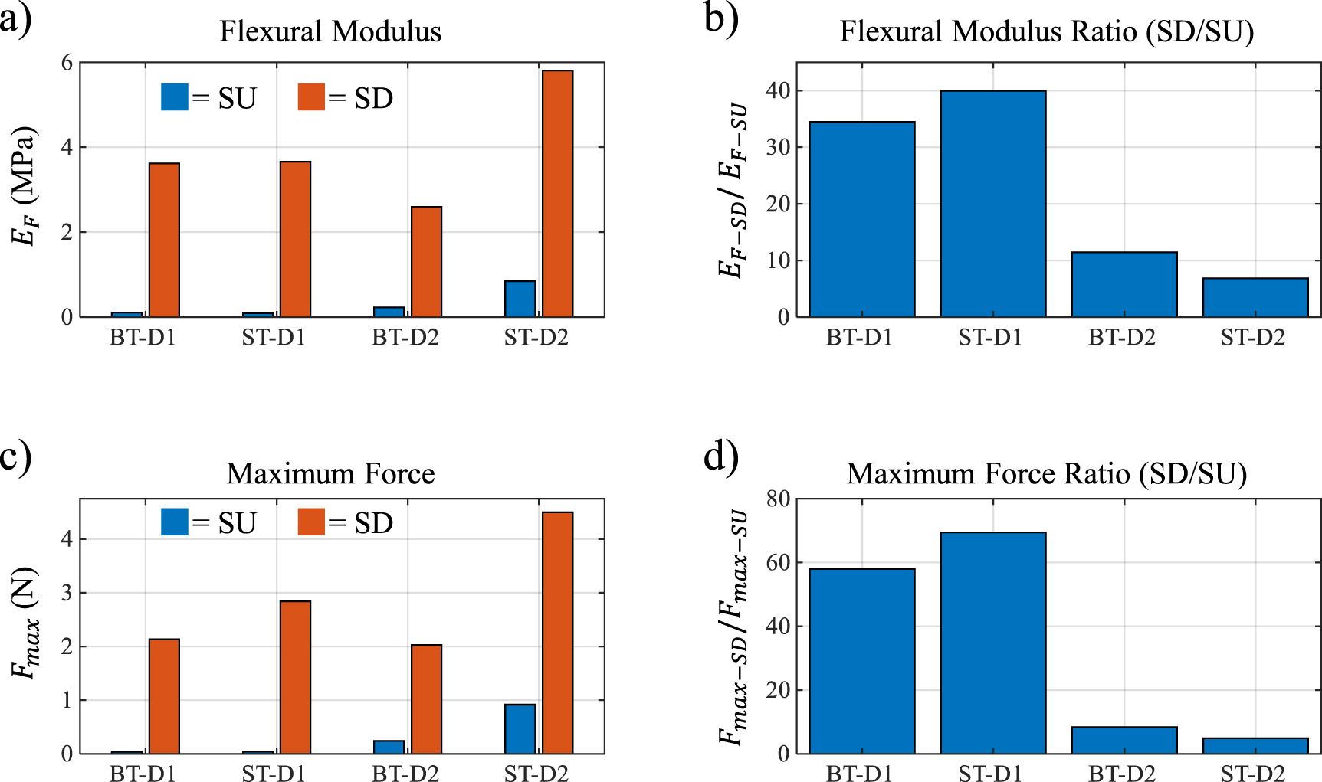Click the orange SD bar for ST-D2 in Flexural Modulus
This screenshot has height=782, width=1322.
(x=557, y=193)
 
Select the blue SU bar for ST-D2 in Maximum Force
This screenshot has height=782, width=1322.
(x=520, y=728)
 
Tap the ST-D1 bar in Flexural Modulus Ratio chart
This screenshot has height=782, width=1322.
(x=992, y=204)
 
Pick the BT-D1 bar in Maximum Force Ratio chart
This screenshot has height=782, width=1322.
(x=861, y=660)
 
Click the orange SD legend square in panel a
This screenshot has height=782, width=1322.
(x=311, y=97)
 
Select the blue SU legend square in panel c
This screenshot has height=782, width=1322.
(x=175, y=522)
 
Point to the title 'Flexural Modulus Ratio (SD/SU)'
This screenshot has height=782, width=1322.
(x=1046, y=32)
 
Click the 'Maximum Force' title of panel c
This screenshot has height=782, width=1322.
(x=330, y=474)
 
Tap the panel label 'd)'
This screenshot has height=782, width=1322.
(x=720, y=457)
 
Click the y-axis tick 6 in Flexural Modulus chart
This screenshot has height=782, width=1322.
(x=67, y=63)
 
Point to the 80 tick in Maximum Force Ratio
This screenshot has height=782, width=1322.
(x=777, y=499)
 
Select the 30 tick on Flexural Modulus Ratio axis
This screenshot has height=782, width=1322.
(x=777, y=148)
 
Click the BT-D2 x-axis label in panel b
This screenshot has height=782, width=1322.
(x=1121, y=338)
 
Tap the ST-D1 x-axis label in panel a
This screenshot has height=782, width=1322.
(x=274, y=338)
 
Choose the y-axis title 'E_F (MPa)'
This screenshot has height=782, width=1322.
(x=25, y=186)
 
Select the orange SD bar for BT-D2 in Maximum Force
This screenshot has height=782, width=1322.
(x=426, y=699)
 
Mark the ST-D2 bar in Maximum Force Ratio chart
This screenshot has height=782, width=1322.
(x=1255, y=745)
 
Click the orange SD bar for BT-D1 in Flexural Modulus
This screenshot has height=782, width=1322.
(x=164, y=240)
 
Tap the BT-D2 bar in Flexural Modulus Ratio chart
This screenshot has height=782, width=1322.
(x=1124, y=284)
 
